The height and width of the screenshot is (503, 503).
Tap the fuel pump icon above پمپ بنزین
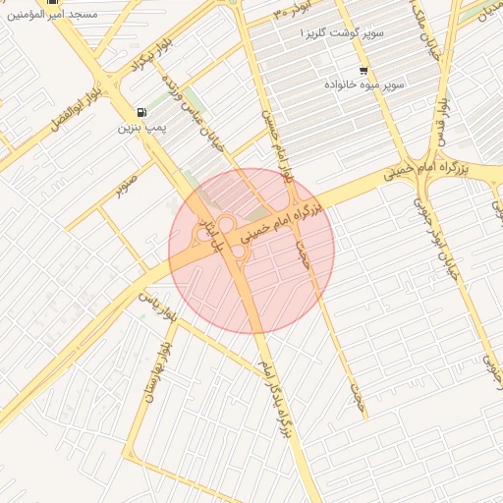coord(143,112)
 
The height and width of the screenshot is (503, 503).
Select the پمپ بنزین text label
coord(139,128)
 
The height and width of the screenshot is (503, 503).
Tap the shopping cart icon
coord(363,71)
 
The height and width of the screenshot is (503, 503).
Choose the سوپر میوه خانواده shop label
coord(365,85)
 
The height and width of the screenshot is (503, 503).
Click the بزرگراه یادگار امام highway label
coord(276,399)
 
